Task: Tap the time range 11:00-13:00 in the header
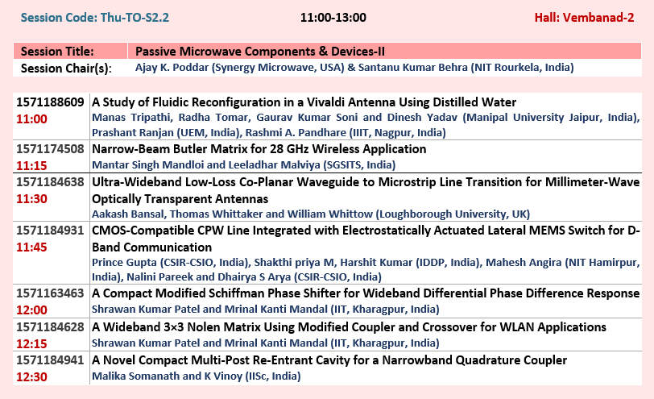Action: click(333, 18)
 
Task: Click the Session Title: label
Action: click(57, 52)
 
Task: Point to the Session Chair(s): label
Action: click(66, 68)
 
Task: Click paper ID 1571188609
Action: click(50, 102)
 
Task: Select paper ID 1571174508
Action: click(50, 149)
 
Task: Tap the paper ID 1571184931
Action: click(50, 231)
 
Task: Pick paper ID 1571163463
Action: click(50, 293)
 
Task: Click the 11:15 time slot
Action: click(31, 166)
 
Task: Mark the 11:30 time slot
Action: click(31, 198)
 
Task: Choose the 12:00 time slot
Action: click(31, 310)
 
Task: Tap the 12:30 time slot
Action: click(31, 377)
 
